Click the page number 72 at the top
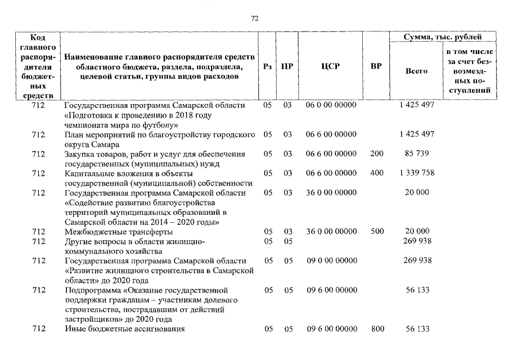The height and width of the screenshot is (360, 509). pyautogui.click(x=254, y=19)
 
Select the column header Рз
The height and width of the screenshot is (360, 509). pyautogui.click(x=268, y=66)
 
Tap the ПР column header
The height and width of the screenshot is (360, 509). pyautogui.click(x=287, y=66)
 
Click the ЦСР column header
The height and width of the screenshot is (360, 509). pyautogui.click(x=330, y=66)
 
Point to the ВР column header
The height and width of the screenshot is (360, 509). pyautogui.click(x=376, y=66)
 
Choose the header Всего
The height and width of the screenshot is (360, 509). pyautogui.click(x=416, y=71)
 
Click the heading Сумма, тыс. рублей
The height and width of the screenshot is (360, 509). pyautogui.click(x=443, y=38)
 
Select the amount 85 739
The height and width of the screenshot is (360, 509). pyautogui.click(x=416, y=154)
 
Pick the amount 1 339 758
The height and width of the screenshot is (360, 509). pyautogui.click(x=416, y=173)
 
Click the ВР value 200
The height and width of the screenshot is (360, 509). pyautogui.click(x=376, y=154)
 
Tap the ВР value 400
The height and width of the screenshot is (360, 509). pyautogui.click(x=376, y=173)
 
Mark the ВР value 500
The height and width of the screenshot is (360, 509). pyautogui.click(x=376, y=231)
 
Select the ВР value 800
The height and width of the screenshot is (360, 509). pyautogui.click(x=376, y=328)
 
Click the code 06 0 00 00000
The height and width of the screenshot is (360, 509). pyautogui.click(x=331, y=106)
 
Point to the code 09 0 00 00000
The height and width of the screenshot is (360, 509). pyautogui.click(x=331, y=260)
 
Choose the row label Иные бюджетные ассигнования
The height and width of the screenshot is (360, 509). pyautogui.click(x=124, y=328)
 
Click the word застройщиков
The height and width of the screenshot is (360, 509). pyautogui.click(x=91, y=319)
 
